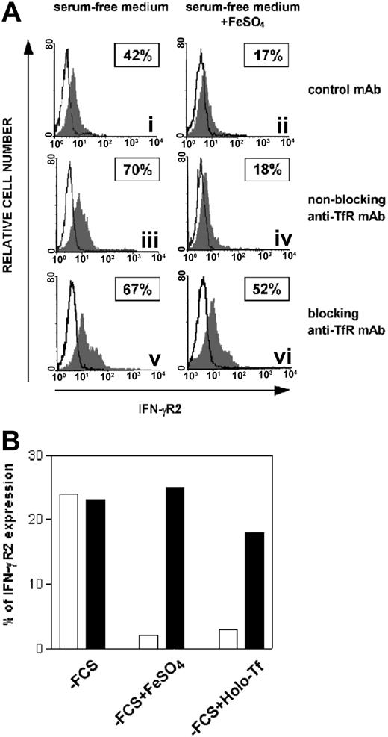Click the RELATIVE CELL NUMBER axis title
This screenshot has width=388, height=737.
(10, 217)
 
